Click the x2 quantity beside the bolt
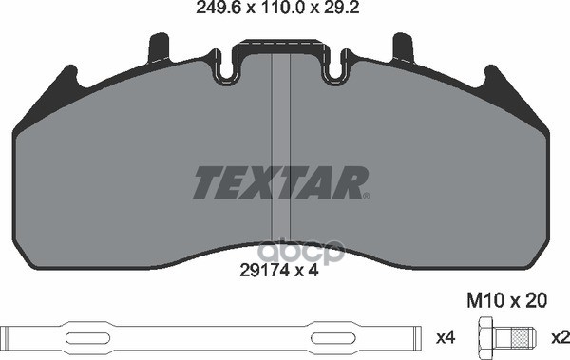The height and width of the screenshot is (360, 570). click(559, 336)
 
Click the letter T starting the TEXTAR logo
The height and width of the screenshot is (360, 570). click(206, 182)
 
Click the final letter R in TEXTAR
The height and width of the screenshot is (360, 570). click(353, 182)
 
